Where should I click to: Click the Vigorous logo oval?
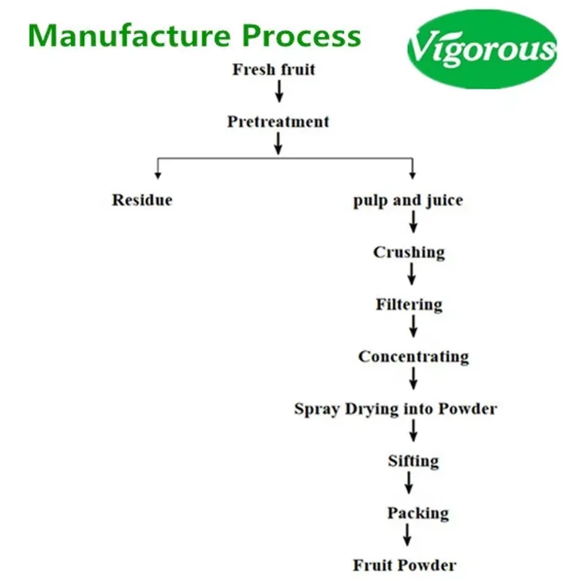click(482, 49)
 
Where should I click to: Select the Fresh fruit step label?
click(273, 70)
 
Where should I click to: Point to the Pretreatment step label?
click(278, 122)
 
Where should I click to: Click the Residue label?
click(142, 200)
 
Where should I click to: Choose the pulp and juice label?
click(408, 200)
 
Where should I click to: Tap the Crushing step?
click(409, 252)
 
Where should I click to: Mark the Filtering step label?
click(409, 304)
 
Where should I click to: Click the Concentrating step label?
click(413, 357)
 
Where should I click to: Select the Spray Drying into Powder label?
click(395, 408)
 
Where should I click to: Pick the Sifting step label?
click(413, 461)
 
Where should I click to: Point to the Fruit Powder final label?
click(404, 565)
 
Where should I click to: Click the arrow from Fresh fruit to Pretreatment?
click(279, 92)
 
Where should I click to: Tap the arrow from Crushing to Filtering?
click(413, 275)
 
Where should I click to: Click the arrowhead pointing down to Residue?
click(158, 173)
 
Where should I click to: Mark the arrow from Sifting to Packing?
click(409, 483)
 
